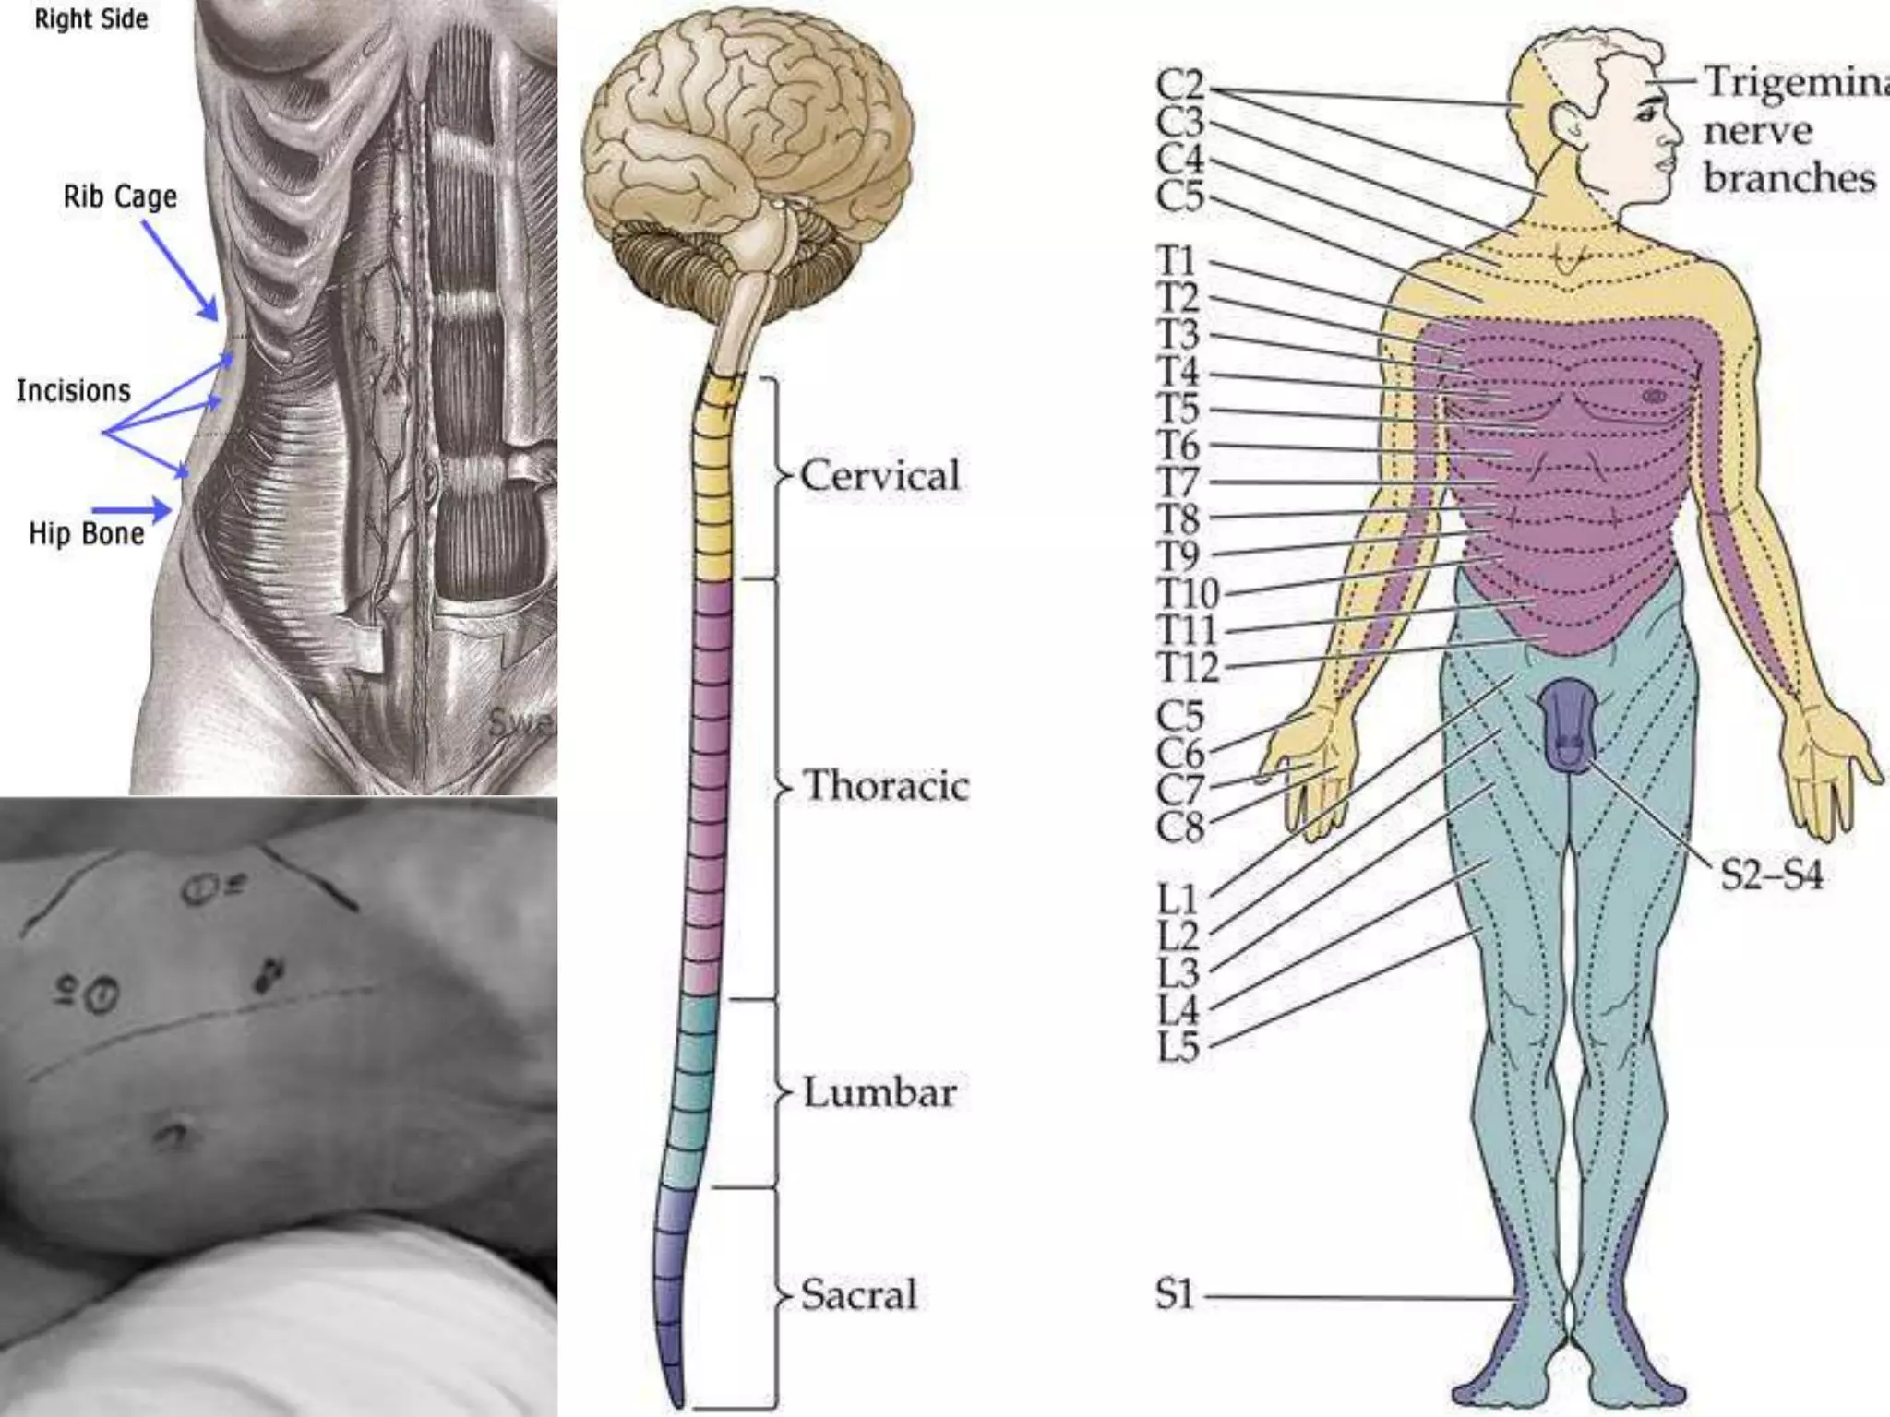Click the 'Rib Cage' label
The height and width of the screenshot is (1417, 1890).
(x=120, y=197)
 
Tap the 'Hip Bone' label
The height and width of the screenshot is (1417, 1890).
(x=87, y=534)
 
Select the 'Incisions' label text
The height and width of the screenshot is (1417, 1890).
(x=74, y=391)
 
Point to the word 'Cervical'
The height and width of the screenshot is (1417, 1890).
(x=879, y=476)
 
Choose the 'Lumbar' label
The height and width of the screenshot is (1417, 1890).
(x=879, y=1093)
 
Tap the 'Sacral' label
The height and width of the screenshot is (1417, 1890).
(x=859, y=1294)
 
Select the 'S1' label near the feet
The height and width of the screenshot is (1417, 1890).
(x=1175, y=1295)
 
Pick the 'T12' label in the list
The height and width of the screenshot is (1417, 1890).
(x=1189, y=668)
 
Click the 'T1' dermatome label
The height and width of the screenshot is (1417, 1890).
(x=1178, y=262)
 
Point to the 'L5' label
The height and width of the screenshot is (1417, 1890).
(x=1179, y=1047)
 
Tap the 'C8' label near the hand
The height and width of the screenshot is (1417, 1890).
(x=1180, y=828)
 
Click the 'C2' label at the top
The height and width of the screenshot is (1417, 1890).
(x=1180, y=86)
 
